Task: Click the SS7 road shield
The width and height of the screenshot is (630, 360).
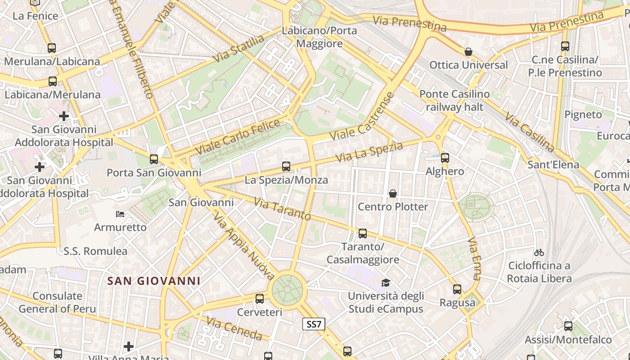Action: [314, 324]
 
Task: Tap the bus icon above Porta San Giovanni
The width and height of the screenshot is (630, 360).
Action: [154, 159]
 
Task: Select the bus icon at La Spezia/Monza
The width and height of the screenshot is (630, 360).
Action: [286, 166]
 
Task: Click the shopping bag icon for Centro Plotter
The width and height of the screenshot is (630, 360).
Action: [393, 193]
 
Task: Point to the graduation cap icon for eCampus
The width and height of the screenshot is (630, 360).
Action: [386, 283]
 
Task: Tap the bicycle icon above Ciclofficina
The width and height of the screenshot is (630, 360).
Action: [539, 252]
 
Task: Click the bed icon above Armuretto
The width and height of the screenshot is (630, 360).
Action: [120, 214]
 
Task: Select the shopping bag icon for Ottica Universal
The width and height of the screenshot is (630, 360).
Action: [468, 52]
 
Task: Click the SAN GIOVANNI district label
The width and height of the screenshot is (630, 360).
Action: [154, 281]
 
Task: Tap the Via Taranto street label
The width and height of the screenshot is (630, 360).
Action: [282, 209]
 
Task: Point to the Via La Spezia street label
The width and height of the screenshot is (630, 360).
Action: [369, 152]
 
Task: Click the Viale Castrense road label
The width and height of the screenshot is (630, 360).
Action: [362, 116]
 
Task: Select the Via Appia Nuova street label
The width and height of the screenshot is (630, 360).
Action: [243, 246]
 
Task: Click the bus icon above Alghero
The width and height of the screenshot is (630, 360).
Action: [445, 157]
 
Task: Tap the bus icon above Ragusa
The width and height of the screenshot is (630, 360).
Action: [457, 289]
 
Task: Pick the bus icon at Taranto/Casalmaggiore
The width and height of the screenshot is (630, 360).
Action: [363, 234]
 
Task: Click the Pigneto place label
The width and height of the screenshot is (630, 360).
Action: [583, 114]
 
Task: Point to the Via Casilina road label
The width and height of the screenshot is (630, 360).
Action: [530, 131]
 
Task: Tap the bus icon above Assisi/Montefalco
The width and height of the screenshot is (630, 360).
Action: [568, 326]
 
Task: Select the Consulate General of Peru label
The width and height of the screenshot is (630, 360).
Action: [57, 302]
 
